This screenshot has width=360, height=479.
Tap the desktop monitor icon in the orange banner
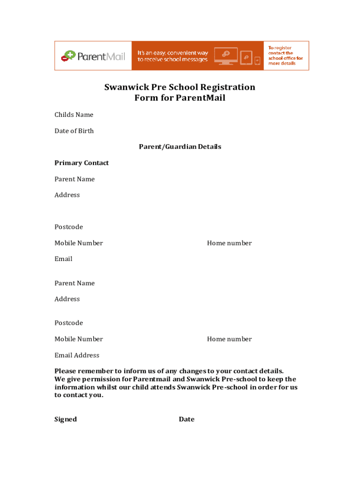[x=225, y=55]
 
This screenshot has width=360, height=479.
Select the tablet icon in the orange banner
[x=246, y=57]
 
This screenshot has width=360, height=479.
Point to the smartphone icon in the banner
[x=257, y=60]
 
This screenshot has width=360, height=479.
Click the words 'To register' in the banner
[x=280, y=48]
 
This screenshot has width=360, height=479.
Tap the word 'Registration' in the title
[x=227, y=87]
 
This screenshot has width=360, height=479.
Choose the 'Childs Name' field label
[x=74, y=115]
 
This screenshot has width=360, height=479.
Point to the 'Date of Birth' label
[x=74, y=131]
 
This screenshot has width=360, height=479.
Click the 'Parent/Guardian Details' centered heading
[x=180, y=147]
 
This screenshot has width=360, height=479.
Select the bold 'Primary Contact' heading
[x=81, y=163]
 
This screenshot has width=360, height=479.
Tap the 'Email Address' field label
[x=77, y=355]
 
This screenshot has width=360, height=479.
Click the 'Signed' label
[x=65, y=419]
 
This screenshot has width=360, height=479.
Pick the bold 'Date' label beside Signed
[x=187, y=419]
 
